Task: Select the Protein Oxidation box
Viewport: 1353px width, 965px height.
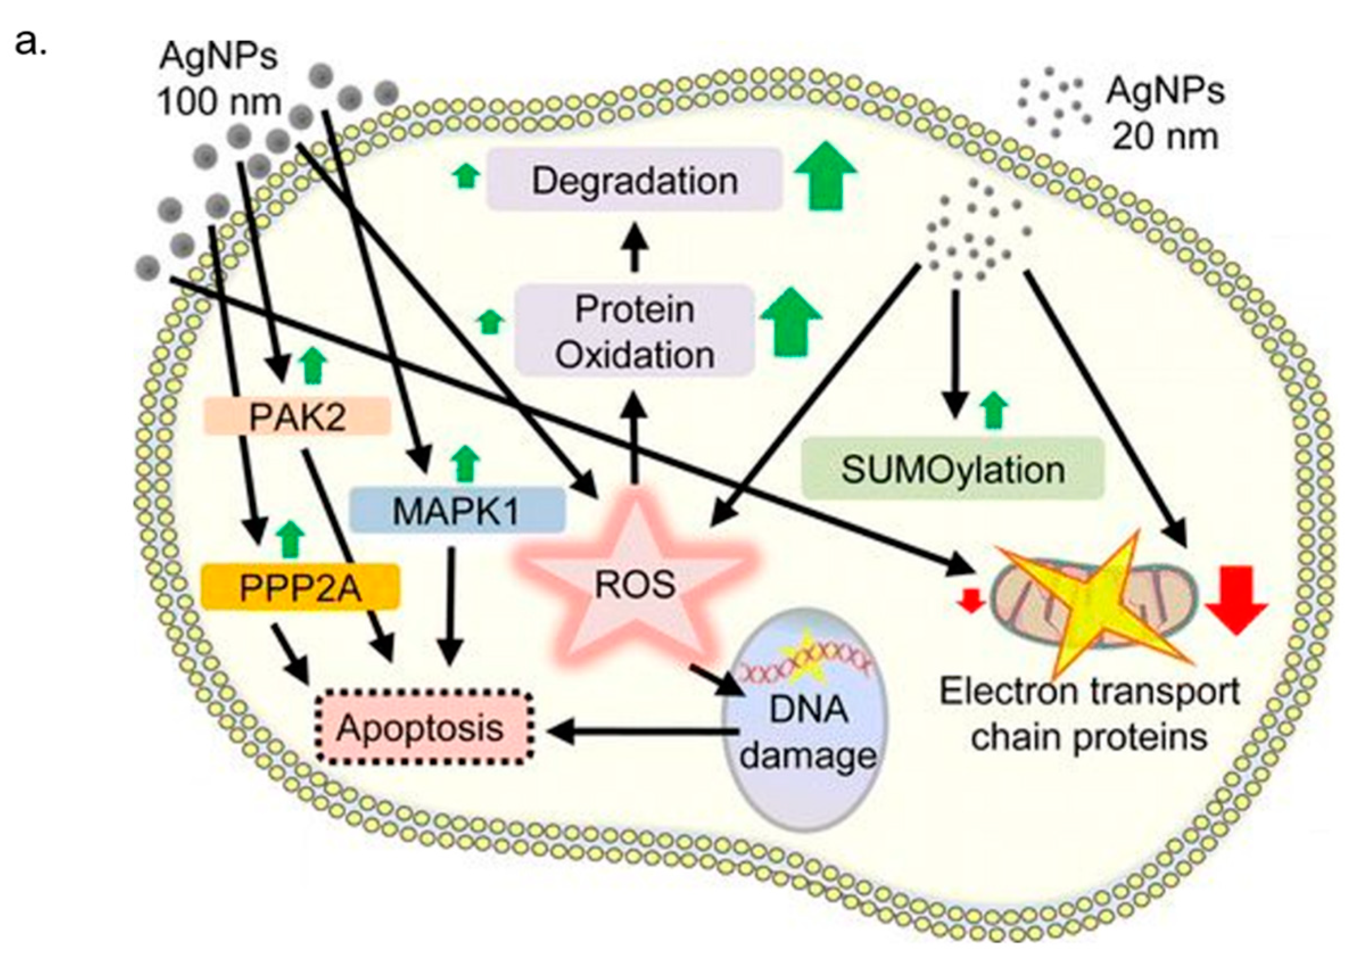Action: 634,332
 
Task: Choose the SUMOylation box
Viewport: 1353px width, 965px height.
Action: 953,470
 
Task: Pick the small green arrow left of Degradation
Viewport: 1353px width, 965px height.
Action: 466,176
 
